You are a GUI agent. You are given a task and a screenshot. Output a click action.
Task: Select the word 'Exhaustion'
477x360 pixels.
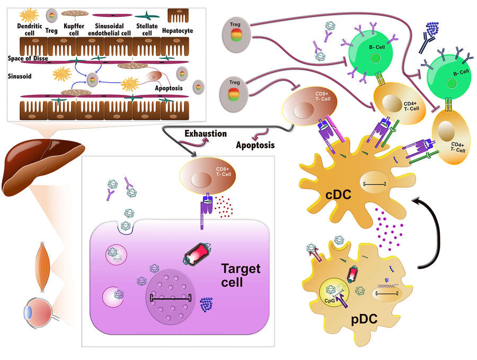coord(205,134)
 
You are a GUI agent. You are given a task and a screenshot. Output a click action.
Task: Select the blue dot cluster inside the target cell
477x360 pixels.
coord(207,304)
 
